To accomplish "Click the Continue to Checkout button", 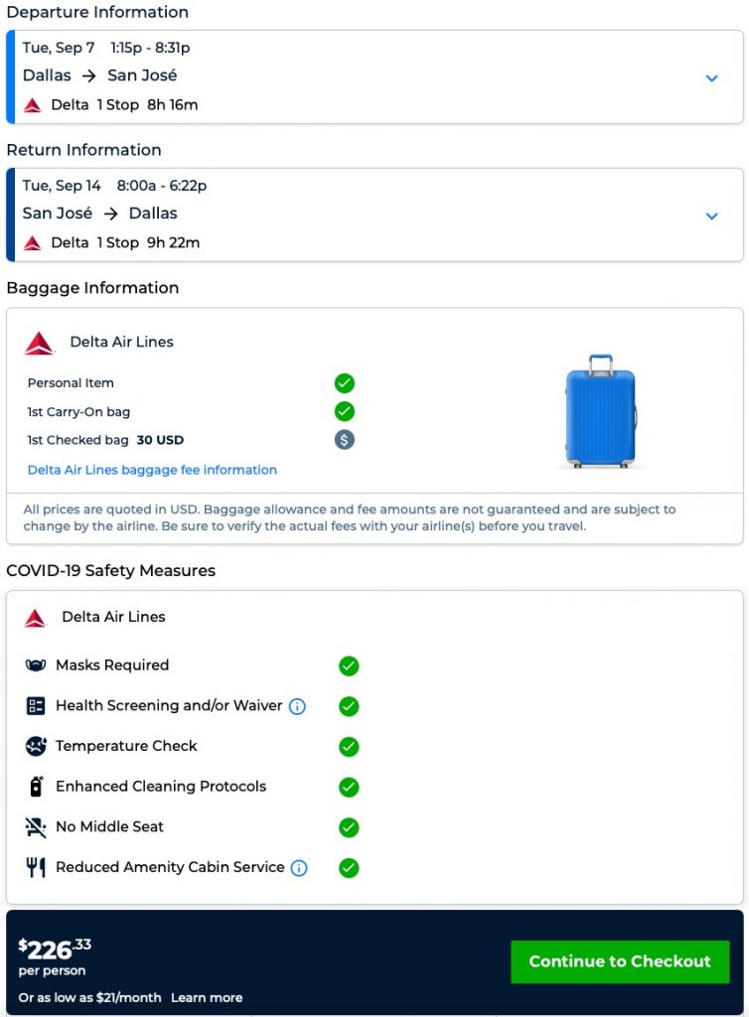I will tap(620, 961).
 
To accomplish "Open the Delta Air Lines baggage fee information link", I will tap(152, 470).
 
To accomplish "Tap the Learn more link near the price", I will tap(207, 997).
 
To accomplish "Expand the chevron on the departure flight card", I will tap(711, 78).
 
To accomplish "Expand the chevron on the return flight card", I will tap(711, 217).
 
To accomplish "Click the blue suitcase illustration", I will tap(600, 411).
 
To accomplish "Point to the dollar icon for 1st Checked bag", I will tap(345, 440).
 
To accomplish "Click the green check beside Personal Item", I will tap(345, 383).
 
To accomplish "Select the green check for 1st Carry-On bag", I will tap(345, 411).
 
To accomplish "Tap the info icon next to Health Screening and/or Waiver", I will tap(297, 706).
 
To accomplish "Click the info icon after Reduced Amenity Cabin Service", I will tap(299, 868).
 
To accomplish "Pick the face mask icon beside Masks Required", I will tap(36, 665).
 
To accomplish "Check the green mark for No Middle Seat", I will tap(349, 827).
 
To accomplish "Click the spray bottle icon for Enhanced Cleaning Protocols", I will tap(36, 787).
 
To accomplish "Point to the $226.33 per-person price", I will tap(55, 949).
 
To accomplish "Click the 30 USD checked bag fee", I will tap(160, 440).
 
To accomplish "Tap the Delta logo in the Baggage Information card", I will tap(40, 344).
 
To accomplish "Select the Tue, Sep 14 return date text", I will tap(62, 186).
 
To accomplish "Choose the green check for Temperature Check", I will tap(349, 747).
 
